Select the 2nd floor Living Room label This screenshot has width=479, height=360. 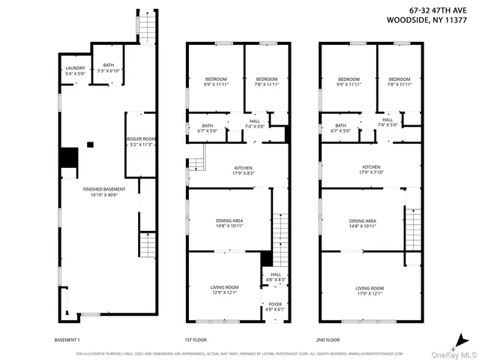[369, 290]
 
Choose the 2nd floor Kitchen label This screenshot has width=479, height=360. [371, 169]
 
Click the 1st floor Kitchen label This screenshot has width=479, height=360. [238, 169]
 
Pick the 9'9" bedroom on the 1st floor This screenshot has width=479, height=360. [215, 82]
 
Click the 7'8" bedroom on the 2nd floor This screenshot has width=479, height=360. [399, 82]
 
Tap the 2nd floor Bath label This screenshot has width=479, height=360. [340, 127]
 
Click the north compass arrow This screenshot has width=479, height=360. [461, 337]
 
